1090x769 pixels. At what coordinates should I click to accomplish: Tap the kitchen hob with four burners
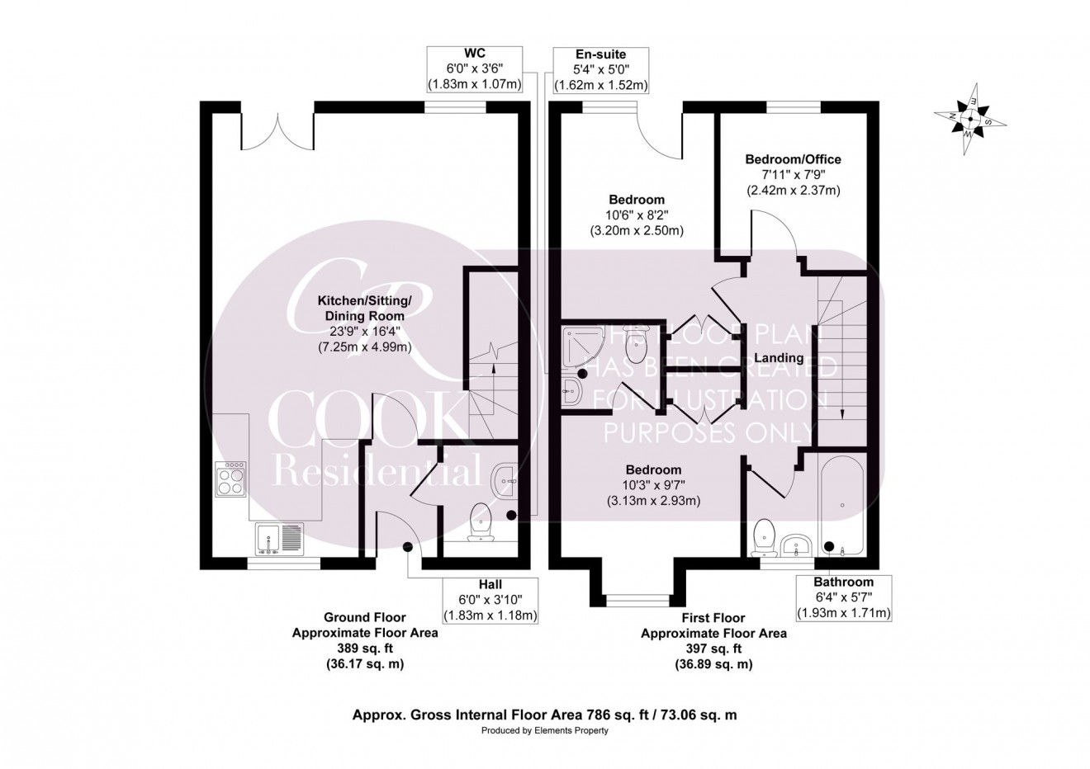[230, 479]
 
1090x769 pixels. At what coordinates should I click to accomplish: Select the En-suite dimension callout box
[601, 69]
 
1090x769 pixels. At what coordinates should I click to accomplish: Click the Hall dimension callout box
[490, 600]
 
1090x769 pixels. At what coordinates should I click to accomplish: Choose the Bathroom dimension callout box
[842, 597]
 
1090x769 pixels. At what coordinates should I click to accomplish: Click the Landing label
[780, 358]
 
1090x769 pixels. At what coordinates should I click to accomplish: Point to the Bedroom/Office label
[793, 159]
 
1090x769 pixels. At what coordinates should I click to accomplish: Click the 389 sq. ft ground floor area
[365, 649]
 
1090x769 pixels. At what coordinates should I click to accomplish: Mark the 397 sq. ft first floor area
[713, 649]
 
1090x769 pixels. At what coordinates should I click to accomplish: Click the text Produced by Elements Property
[544, 731]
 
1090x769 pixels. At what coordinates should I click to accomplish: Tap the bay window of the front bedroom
[634, 599]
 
